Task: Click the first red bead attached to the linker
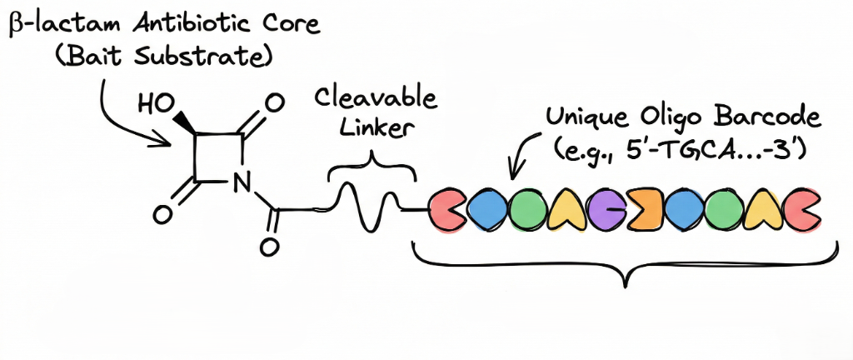(x=449, y=212)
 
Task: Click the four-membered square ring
(x=218, y=157)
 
